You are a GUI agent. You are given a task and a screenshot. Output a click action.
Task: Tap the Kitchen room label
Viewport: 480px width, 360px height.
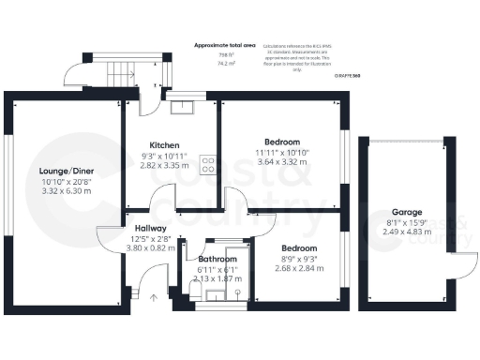[165, 145]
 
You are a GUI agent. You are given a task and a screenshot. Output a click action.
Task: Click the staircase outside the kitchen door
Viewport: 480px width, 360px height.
[122, 70]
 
